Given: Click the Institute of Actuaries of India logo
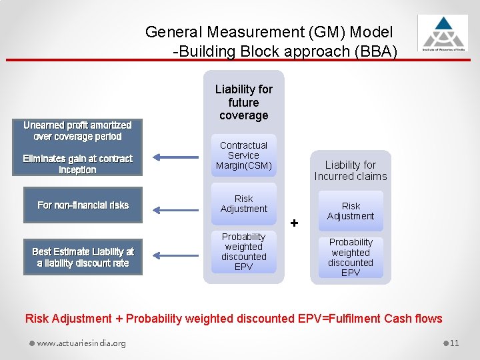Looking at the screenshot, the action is (443, 33).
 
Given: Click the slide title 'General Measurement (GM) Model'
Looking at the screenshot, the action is (269, 31).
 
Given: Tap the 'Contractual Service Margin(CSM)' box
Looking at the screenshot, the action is (243, 155).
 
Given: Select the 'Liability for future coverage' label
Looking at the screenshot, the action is (243, 102).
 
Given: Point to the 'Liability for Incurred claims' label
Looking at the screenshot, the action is (351, 171).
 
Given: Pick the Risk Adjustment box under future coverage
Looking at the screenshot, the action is (243, 204).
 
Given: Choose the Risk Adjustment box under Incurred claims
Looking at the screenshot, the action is (351, 211).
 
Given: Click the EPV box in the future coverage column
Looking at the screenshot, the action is (243, 252).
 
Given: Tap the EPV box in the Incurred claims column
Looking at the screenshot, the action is (351, 257).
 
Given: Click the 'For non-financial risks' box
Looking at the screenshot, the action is (83, 205).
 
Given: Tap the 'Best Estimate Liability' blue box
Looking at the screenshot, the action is (83, 257).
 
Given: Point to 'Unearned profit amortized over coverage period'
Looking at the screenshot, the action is (77, 131).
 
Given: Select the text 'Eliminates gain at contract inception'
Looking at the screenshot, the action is (77, 164).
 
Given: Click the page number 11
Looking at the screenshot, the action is (454, 343).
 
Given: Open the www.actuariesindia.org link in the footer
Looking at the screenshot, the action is (81, 343).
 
